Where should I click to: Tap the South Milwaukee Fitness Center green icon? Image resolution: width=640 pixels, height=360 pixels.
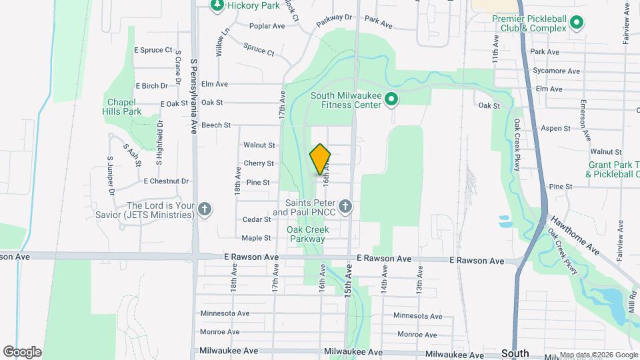pyautogui.click(x=392, y=100)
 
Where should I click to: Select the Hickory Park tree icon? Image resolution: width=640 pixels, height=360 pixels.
pyautogui.click(x=217, y=5)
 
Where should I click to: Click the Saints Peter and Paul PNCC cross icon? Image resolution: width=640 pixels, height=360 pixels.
pyautogui.click(x=345, y=207)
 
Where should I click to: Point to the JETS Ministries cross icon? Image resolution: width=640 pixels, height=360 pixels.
pyautogui.click(x=205, y=209)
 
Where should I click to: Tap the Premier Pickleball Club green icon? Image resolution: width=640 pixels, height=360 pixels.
pyautogui.click(x=577, y=24)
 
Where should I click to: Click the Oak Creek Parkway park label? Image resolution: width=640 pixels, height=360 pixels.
pyautogui.click(x=307, y=234)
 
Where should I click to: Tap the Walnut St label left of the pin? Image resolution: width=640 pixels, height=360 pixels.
pyautogui.click(x=259, y=145)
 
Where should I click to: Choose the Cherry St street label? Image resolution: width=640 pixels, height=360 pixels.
pyautogui.click(x=259, y=163)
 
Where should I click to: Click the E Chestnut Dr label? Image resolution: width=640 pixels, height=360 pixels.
pyautogui.click(x=166, y=181)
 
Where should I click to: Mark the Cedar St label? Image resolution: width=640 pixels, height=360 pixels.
pyautogui.click(x=257, y=219)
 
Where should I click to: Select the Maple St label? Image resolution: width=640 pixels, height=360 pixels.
pyautogui.click(x=256, y=238)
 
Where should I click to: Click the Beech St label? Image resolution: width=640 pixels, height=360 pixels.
pyautogui.click(x=215, y=125)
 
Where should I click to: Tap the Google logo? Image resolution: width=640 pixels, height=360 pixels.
pyautogui.click(x=23, y=351)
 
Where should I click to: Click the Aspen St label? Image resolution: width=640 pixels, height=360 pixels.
pyautogui.click(x=555, y=128)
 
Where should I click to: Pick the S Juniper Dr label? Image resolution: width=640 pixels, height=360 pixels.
pyautogui.click(x=110, y=176)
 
